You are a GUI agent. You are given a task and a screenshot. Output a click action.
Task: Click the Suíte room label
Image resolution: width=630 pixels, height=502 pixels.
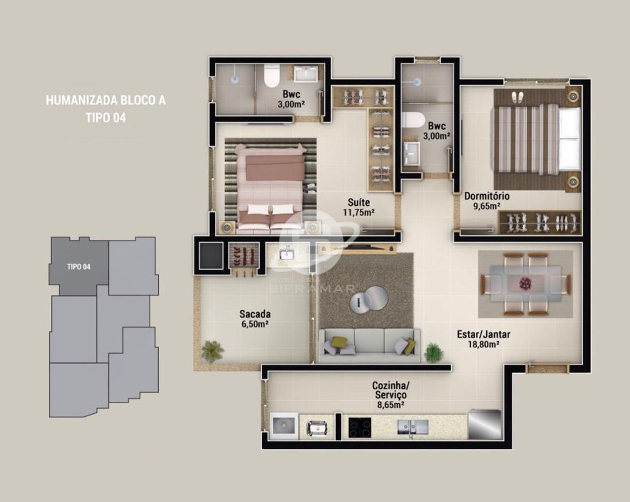[x=359, y=202]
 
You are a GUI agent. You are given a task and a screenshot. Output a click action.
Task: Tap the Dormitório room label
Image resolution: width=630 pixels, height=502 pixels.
[x=487, y=196]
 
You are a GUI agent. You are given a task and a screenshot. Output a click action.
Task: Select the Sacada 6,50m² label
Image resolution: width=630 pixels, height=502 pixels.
[x=255, y=319]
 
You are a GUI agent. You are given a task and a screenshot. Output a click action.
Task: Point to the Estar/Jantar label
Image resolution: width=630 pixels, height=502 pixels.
[x=484, y=334]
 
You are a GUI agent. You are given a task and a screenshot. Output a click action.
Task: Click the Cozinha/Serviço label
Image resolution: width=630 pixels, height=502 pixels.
[x=391, y=390]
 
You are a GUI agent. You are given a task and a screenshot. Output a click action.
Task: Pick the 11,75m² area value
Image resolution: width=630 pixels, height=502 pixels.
[x=359, y=212]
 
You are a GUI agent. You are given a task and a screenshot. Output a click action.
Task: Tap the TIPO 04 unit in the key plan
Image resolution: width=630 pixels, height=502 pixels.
[x=79, y=266]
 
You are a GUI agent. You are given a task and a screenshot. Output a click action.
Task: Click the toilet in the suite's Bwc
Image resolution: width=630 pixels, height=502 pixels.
[x=271, y=76]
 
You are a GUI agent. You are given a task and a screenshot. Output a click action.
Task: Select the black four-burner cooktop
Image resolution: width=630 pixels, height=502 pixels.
[x=360, y=428]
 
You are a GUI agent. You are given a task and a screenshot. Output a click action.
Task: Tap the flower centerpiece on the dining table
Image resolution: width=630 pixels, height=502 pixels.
[x=525, y=283]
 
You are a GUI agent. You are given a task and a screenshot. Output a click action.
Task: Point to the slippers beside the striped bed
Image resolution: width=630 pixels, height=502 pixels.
[x=518, y=97]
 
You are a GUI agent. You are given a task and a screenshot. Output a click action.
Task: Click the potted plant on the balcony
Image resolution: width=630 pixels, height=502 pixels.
[x=212, y=351]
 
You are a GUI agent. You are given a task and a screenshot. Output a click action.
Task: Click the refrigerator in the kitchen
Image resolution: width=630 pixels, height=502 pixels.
[x=485, y=425]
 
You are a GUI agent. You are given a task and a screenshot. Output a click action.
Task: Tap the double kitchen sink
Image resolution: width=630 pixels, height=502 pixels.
[x=412, y=427]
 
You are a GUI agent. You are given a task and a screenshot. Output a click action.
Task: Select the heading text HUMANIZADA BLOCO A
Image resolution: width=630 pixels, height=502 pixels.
[x=106, y=100]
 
